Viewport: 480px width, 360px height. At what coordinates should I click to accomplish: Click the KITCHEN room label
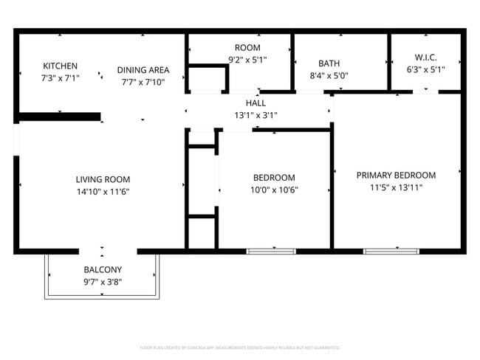(60, 66)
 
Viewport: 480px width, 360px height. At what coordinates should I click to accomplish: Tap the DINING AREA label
(143, 70)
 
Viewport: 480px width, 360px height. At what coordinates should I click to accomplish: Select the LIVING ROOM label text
(103, 179)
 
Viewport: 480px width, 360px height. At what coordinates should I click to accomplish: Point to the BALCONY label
(103, 269)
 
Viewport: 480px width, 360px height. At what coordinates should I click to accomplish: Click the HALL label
(256, 103)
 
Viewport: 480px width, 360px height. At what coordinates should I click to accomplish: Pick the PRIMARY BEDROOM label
(396, 175)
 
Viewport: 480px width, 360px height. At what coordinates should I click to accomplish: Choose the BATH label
(329, 63)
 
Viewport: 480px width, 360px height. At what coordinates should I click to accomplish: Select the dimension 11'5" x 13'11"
(396, 187)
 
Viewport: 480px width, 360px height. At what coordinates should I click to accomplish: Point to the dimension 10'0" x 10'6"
(274, 190)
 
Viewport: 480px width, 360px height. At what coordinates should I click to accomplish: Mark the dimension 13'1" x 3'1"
(256, 115)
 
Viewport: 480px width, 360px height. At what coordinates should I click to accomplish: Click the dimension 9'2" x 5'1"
(247, 60)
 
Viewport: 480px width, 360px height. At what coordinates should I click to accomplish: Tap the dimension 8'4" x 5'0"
(329, 75)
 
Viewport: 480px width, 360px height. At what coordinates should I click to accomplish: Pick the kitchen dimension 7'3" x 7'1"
(60, 77)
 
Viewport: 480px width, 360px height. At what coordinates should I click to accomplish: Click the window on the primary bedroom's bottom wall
(386, 252)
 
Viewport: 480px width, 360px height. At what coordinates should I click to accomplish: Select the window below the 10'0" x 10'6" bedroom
(270, 252)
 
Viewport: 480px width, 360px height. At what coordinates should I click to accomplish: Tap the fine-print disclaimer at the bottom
(240, 347)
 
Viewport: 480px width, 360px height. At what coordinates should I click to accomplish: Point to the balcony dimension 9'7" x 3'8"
(103, 282)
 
